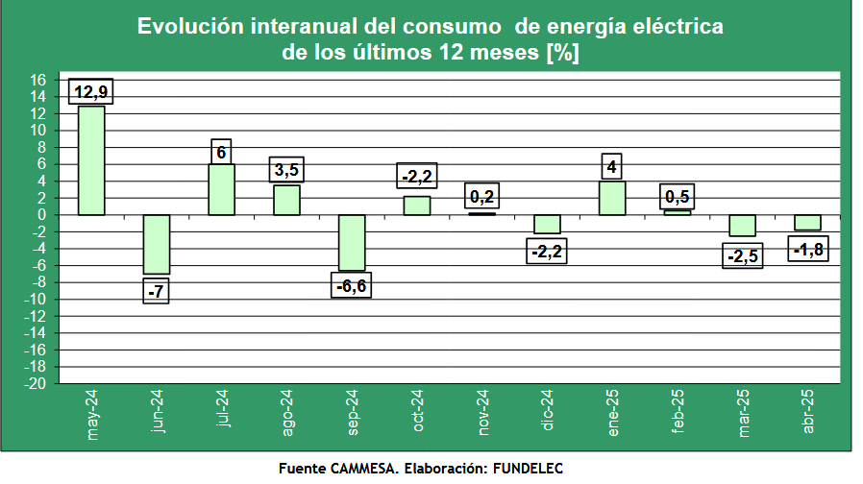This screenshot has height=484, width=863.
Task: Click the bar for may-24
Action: pos(91,159)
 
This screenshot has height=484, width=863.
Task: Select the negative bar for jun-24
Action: pos(157,244)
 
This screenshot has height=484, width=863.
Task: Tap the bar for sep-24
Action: pos(352,242)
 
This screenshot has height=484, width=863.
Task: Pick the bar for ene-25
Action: pos(612,198)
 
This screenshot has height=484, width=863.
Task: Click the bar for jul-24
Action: pos(221,189)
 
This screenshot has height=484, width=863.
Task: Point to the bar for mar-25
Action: pos(742,226)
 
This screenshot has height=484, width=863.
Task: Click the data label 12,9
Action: pos(91,91)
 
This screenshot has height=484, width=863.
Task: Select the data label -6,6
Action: pos(352,287)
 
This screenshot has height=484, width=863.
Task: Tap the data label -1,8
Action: pos(808,250)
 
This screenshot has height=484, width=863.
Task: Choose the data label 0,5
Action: pos(677,196)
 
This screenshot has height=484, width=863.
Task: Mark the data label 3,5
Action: pos(286,170)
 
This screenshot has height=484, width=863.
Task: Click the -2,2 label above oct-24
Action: pos(417,176)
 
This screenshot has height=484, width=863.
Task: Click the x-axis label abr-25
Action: pos(807,413)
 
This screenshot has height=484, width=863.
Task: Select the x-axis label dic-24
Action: pos(548,412)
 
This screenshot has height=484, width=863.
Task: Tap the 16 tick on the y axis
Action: pos(38,80)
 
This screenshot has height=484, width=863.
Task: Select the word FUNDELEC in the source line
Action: pos(527,469)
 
